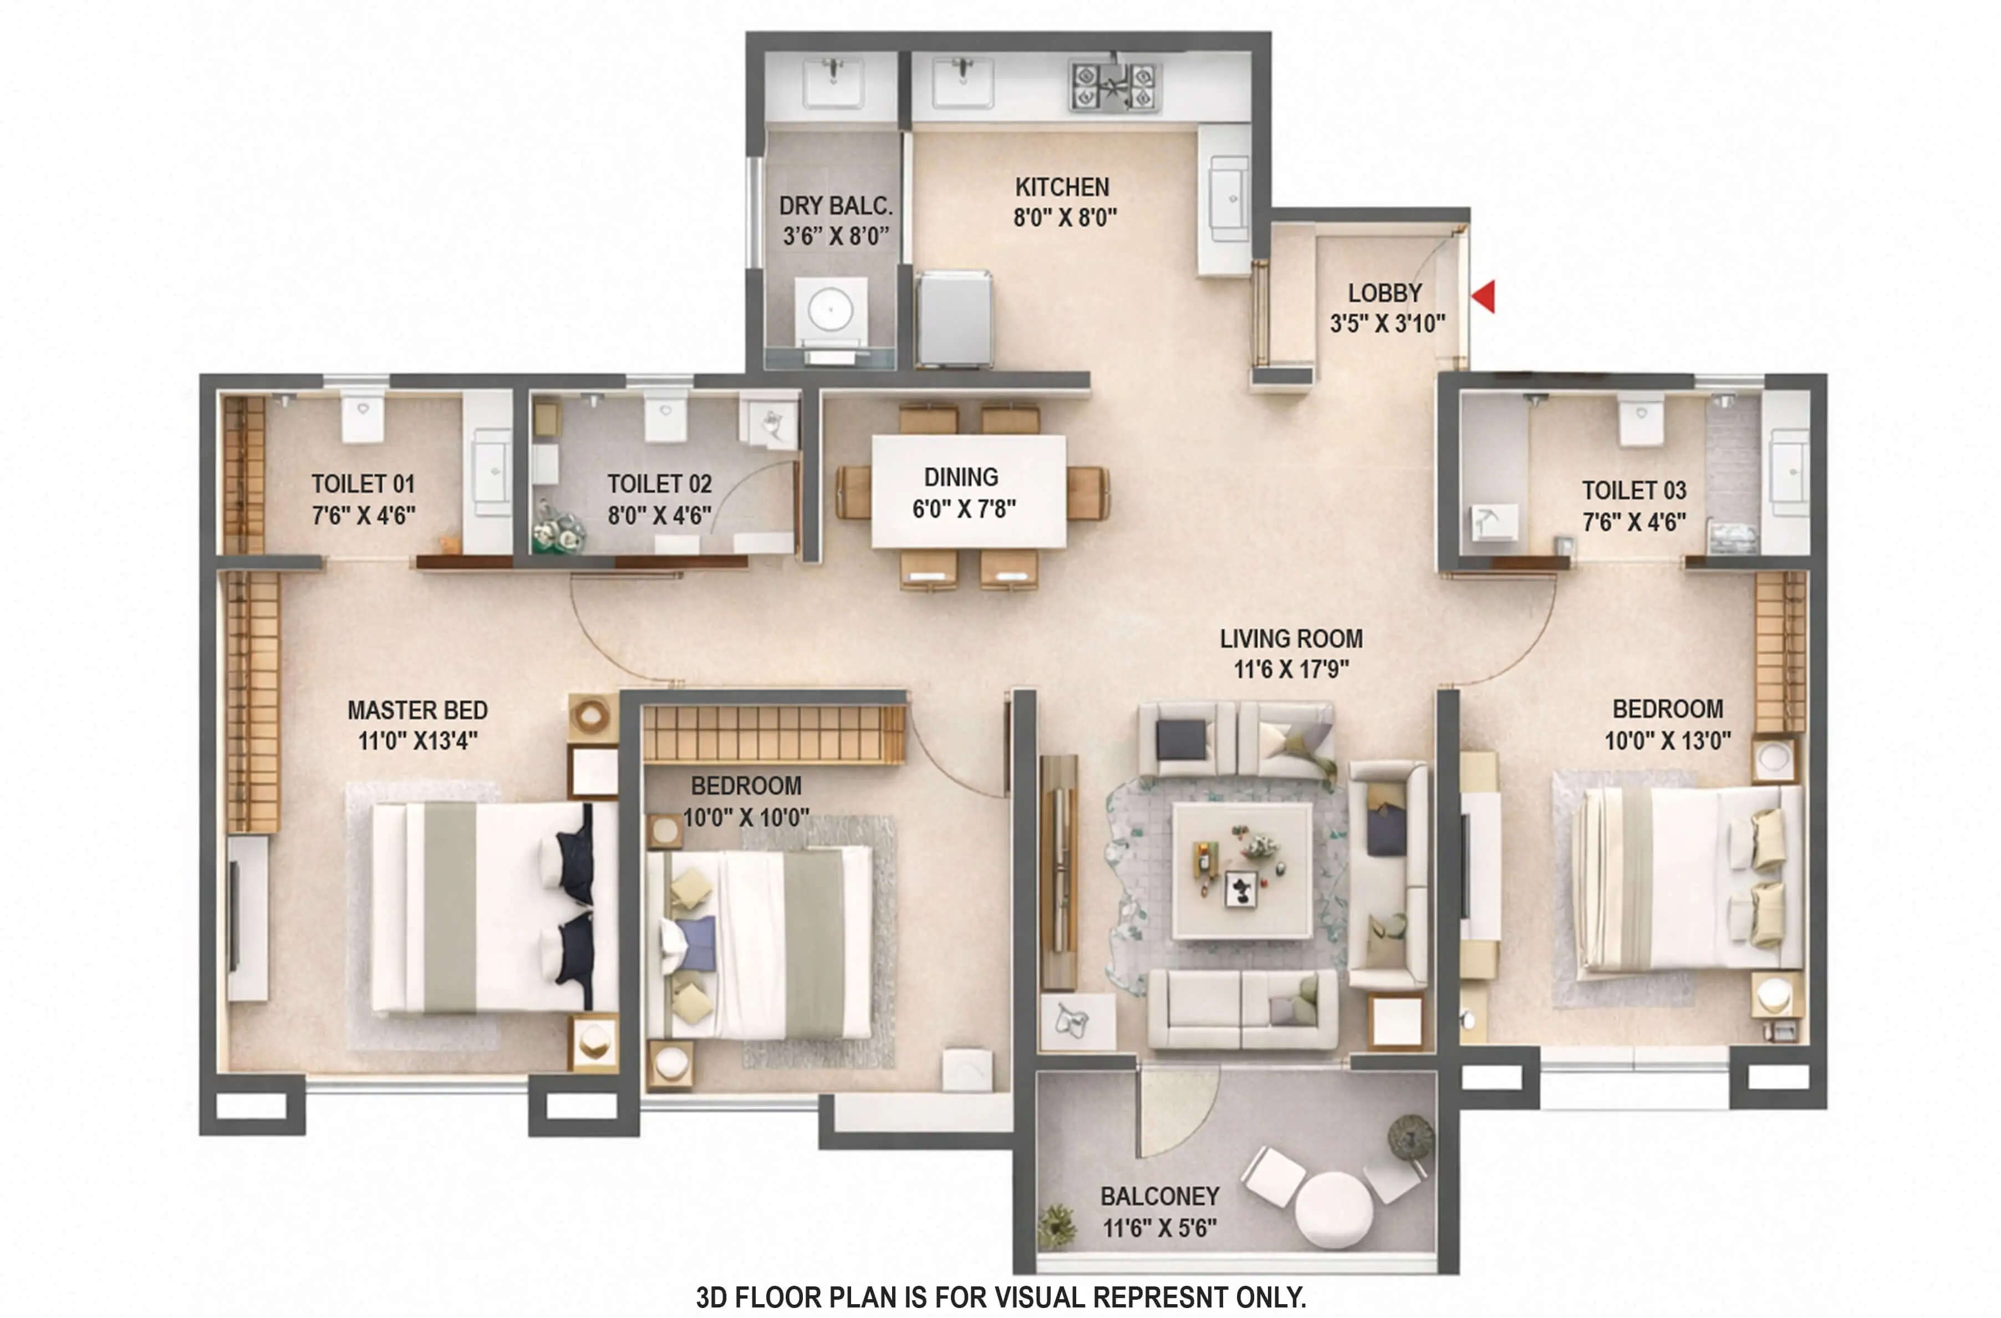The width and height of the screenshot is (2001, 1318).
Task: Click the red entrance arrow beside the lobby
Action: tap(1484, 296)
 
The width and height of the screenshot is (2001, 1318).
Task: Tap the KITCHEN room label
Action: tap(1062, 187)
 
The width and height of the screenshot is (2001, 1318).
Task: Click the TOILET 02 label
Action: tap(659, 484)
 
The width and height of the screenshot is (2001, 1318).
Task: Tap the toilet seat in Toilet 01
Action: tap(363, 417)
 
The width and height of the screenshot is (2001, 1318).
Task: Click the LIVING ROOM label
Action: tap(1291, 639)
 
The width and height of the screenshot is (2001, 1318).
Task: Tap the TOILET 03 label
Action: tap(1633, 490)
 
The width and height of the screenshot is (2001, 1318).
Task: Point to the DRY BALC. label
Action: tap(835, 206)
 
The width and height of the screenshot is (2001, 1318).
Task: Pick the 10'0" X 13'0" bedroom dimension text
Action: tap(1667, 741)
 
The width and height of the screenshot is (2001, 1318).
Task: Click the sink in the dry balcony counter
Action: tap(832, 83)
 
